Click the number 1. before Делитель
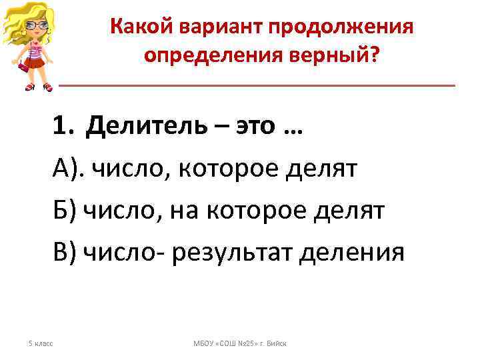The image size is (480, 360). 67,127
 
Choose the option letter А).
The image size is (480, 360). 69,169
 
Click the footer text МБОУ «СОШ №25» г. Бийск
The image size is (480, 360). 240,343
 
